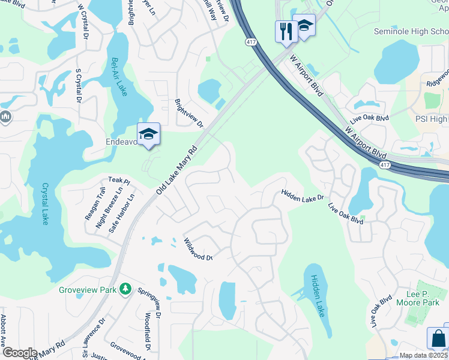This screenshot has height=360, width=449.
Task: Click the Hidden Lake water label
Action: (315, 296)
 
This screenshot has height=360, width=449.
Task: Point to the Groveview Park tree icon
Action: (125, 290)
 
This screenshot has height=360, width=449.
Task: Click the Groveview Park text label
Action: (87, 290)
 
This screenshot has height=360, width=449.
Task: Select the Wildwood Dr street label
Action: (198, 250)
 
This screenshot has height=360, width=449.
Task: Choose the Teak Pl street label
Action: (119, 180)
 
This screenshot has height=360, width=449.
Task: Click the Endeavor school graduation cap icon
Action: (148, 134)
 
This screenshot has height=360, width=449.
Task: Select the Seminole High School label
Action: (411, 31)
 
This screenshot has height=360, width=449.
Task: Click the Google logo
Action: (19, 353)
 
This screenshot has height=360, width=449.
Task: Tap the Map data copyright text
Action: (423, 355)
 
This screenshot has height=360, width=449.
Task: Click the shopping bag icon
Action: (438, 338)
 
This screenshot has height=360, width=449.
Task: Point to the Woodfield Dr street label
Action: (148, 331)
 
